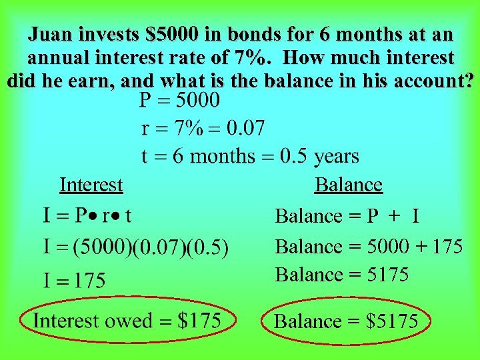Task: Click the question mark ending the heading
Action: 469,81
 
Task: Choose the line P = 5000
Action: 179,101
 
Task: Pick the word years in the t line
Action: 336,157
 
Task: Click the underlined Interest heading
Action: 91,185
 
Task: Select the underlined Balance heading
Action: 348,185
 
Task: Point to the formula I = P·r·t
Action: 87,215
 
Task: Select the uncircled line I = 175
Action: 74,279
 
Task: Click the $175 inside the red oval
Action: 199,321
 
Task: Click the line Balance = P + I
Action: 347,216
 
